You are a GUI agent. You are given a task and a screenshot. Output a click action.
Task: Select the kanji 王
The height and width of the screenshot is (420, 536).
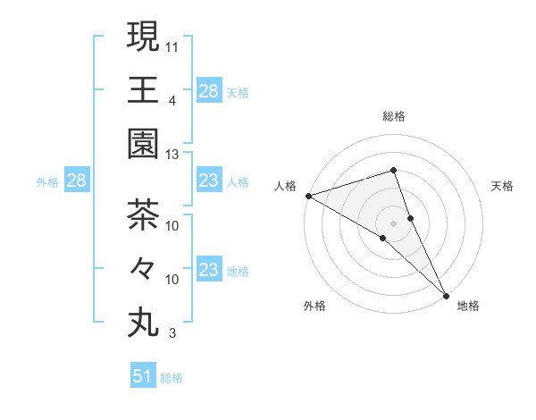point(143,90)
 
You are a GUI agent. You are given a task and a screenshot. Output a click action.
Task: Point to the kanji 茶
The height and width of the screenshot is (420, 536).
point(143,214)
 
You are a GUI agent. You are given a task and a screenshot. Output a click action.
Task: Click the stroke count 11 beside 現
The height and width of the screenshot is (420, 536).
point(173,46)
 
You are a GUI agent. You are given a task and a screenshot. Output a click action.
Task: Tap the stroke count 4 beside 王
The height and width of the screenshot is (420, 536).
point(173,100)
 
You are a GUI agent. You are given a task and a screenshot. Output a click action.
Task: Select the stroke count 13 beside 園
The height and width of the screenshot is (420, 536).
point(173,155)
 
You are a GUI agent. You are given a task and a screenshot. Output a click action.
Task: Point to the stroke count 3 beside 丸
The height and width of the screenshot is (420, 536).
point(173,334)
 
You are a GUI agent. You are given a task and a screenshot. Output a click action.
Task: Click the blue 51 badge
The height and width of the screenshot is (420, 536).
point(143,376)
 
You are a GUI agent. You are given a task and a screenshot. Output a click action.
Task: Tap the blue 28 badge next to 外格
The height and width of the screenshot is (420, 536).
point(76,181)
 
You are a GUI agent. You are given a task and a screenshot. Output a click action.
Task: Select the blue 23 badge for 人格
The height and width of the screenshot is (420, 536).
point(208,181)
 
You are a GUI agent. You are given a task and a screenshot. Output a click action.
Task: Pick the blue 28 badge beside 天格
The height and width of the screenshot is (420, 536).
point(208,90)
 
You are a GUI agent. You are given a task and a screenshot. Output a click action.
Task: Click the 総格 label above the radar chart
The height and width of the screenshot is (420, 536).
point(393,116)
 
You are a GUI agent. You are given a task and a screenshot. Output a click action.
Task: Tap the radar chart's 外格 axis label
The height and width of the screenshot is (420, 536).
point(314,306)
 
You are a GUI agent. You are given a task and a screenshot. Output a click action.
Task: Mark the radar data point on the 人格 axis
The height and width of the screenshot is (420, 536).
point(308,195)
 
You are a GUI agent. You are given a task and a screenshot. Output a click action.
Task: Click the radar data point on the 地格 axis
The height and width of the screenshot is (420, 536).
point(446,295)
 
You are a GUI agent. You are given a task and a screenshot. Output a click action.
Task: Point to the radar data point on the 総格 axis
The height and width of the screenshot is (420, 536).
point(393,170)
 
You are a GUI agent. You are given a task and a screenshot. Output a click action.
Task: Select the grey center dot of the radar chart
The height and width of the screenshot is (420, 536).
point(393,223)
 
